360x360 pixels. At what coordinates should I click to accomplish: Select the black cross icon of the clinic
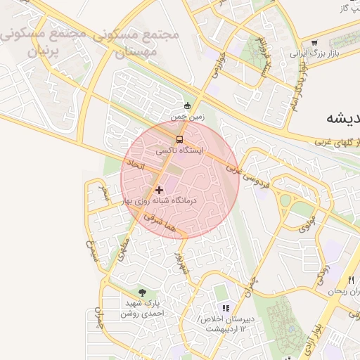[158, 189]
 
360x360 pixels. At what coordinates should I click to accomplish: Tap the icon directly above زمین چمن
[187, 106]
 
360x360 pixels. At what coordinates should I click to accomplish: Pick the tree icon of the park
[143, 292]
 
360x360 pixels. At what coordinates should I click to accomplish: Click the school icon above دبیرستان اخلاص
[226, 308]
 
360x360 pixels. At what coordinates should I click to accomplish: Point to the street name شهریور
[182, 263]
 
